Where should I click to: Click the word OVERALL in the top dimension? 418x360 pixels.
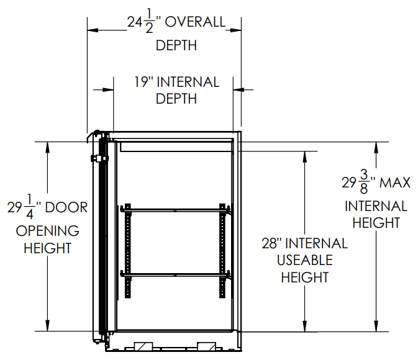tap(195, 22)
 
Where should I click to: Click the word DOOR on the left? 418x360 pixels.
tap(66, 207)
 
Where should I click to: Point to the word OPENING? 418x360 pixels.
tap(47, 231)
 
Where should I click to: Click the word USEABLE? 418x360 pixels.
tap(305, 260)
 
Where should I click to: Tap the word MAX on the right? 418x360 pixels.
tap(395, 183)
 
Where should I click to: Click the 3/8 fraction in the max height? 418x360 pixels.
tap(363, 182)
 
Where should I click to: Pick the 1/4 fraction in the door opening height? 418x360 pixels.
tap(29, 207)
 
